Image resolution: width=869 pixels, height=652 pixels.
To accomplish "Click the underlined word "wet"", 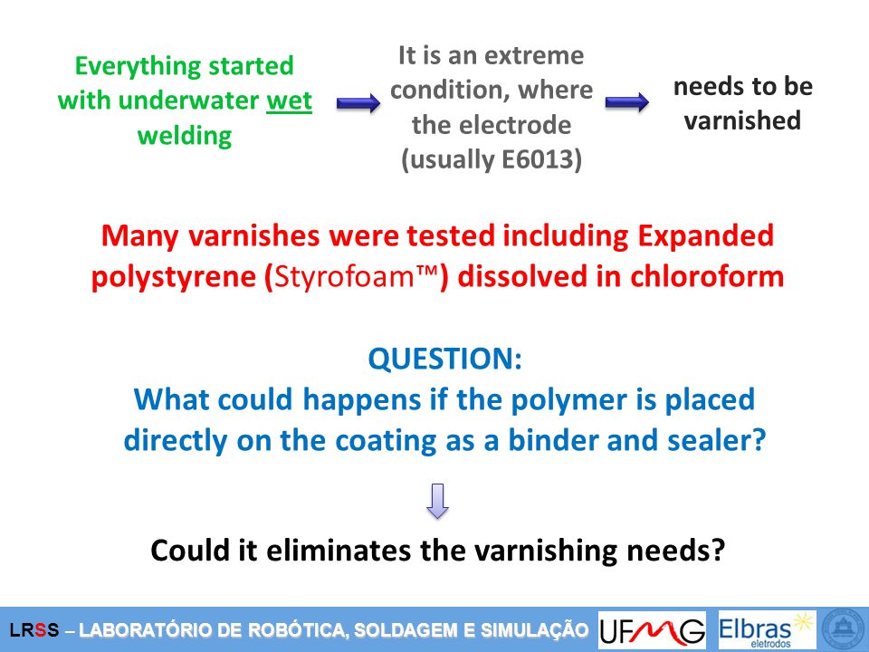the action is coord(290,101).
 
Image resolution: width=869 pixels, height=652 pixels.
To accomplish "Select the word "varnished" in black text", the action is coord(742,120).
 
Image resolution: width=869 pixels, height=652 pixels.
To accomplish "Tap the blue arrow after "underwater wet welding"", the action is coord(358,102).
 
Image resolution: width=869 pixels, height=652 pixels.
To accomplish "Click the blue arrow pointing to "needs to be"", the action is coord(626,102).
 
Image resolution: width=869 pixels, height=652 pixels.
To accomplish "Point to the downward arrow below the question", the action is coord(437,501).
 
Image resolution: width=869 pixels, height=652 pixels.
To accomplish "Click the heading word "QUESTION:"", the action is coord(445,359).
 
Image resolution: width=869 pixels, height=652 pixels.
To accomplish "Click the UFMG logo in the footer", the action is coord(652,631).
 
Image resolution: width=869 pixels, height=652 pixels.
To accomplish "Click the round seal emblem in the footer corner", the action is coord(845,630).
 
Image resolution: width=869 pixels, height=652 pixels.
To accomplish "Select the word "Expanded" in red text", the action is coord(705,235).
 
